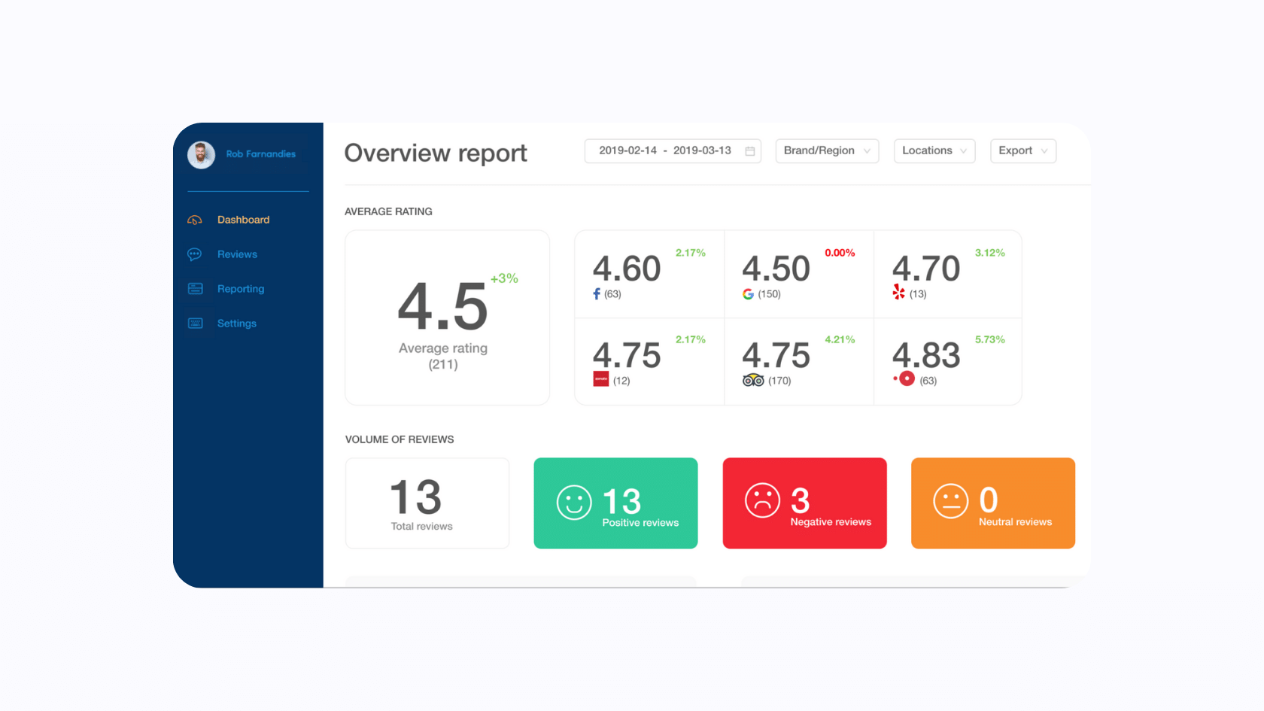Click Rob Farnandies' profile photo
pyautogui.click(x=201, y=155)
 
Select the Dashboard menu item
pyautogui.click(x=243, y=220)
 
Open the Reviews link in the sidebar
pyautogui.click(x=237, y=254)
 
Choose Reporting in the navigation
pyautogui.click(x=241, y=289)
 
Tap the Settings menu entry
pyautogui.click(x=237, y=324)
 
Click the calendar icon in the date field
pyautogui.click(x=749, y=151)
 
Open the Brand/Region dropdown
pyautogui.click(x=827, y=150)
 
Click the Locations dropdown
pyautogui.click(x=934, y=150)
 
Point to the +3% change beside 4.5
pyautogui.click(x=504, y=278)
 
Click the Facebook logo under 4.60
pyautogui.click(x=597, y=294)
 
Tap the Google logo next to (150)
pyautogui.click(x=748, y=294)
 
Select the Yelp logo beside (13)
pyautogui.click(x=898, y=292)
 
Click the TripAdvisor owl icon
pyautogui.click(x=753, y=381)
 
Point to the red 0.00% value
pyautogui.click(x=840, y=253)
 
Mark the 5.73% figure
pyautogui.click(x=989, y=339)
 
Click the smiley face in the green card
pyautogui.click(x=574, y=503)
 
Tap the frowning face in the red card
pyautogui.click(x=762, y=500)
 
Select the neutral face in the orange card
pyautogui.click(x=951, y=501)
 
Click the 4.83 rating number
pyautogui.click(x=926, y=355)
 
